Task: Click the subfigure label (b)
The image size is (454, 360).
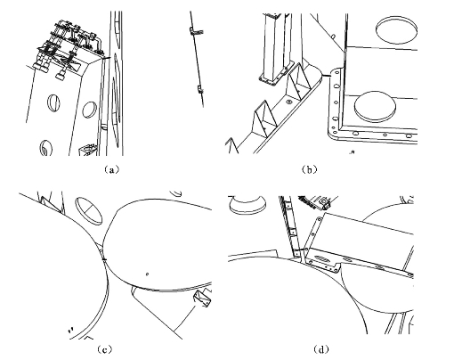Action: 309,169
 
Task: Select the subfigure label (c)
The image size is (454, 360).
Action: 104,349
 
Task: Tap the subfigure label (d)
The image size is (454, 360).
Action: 321,349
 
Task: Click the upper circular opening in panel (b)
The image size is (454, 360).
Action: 396,30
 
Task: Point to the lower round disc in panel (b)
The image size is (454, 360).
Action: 375,107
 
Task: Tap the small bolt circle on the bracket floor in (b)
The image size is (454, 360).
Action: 288,102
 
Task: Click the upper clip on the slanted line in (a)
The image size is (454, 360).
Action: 197,30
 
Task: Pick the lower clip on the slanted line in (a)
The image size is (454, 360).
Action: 200,89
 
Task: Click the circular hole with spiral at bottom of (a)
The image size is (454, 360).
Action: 45,148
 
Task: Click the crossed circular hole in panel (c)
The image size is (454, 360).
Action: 89,210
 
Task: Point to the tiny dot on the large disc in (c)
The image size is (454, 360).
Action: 148,274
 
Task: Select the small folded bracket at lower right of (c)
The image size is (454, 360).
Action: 202,299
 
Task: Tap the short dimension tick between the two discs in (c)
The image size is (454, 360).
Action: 104,259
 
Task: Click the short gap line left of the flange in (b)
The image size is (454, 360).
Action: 327,76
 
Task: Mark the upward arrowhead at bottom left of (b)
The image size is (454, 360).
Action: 231,145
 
